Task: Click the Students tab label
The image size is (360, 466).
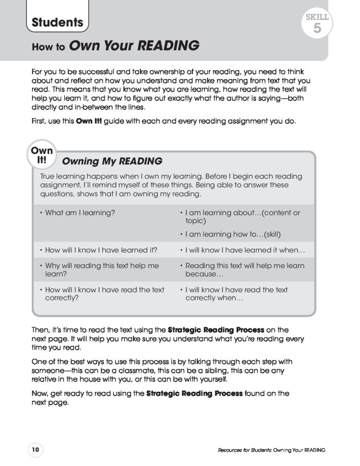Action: pos(57,22)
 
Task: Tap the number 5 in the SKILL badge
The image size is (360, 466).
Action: pos(317,28)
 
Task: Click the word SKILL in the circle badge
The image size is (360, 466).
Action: pos(317,17)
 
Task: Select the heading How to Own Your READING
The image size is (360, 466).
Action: pos(116,46)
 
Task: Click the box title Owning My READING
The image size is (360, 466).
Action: pos(112,161)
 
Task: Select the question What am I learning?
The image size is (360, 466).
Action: pos(80,213)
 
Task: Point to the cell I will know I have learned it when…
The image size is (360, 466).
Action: pos(242,250)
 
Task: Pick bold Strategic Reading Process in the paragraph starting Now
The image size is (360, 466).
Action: pos(194,393)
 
